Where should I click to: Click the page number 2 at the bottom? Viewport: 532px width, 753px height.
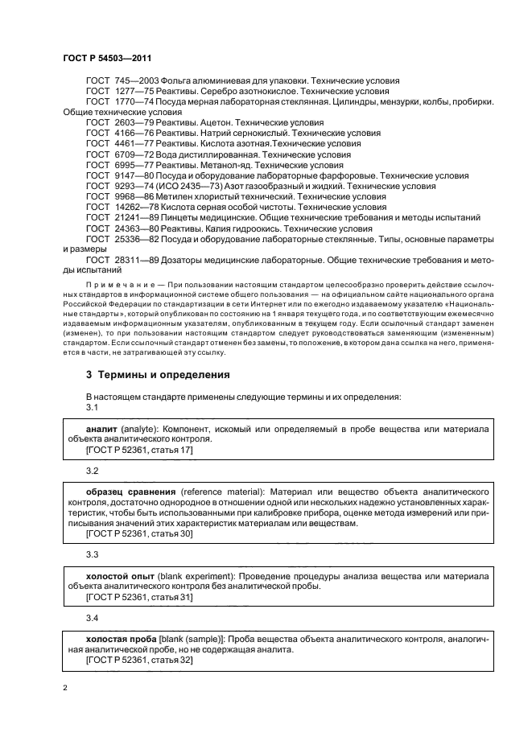coord(65,688)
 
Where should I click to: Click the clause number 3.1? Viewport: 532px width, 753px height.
coord(92,409)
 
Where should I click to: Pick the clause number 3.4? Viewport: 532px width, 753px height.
coord(92,617)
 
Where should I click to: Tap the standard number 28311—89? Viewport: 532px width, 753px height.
coord(140,259)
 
